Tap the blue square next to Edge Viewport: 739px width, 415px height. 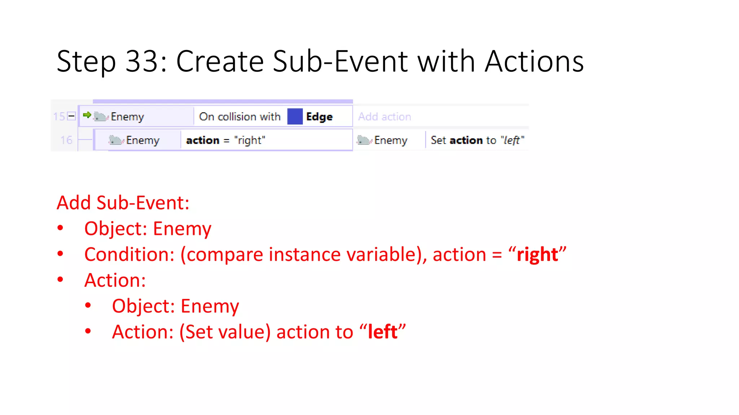(295, 117)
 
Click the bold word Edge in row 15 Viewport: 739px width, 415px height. (319, 117)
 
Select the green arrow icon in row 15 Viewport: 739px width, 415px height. (87, 115)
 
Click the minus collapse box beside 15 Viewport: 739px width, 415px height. (71, 116)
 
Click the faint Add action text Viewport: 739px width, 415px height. (384, 117)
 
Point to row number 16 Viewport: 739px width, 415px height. (66, 140)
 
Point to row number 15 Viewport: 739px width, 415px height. (59, 116)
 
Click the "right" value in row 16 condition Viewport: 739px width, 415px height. (249, 140)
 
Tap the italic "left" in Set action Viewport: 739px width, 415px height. (512, 140)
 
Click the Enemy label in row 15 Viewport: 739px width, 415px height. (127, 117)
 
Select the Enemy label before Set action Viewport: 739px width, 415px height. (390, 140)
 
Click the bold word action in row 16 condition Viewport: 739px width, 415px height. (202, 140)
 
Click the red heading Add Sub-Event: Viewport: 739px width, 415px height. (123, 203)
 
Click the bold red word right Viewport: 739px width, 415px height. (537, 255)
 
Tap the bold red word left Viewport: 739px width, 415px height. (382, 332)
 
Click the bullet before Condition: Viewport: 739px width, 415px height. (60, 254)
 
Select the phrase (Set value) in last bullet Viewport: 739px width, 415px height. (225, 332)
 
